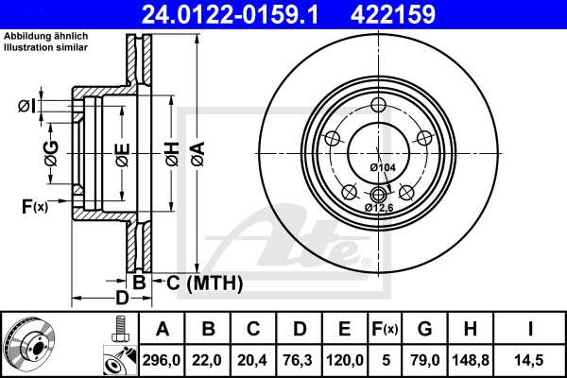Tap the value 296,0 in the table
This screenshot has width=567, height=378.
[162, 358]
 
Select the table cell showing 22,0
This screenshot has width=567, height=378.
[207, 358]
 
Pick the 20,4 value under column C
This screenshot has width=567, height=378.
[253, 358]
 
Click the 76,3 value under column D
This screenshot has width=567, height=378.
[299, 358]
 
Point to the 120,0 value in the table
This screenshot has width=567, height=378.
[345, 358]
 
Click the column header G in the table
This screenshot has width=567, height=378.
[424, 329]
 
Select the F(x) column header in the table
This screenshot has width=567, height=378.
[385, 329]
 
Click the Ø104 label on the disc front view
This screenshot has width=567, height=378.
[382, 167]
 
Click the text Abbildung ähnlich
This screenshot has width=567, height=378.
[46, 36]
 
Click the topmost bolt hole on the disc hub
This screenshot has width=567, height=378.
[379, 105]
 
